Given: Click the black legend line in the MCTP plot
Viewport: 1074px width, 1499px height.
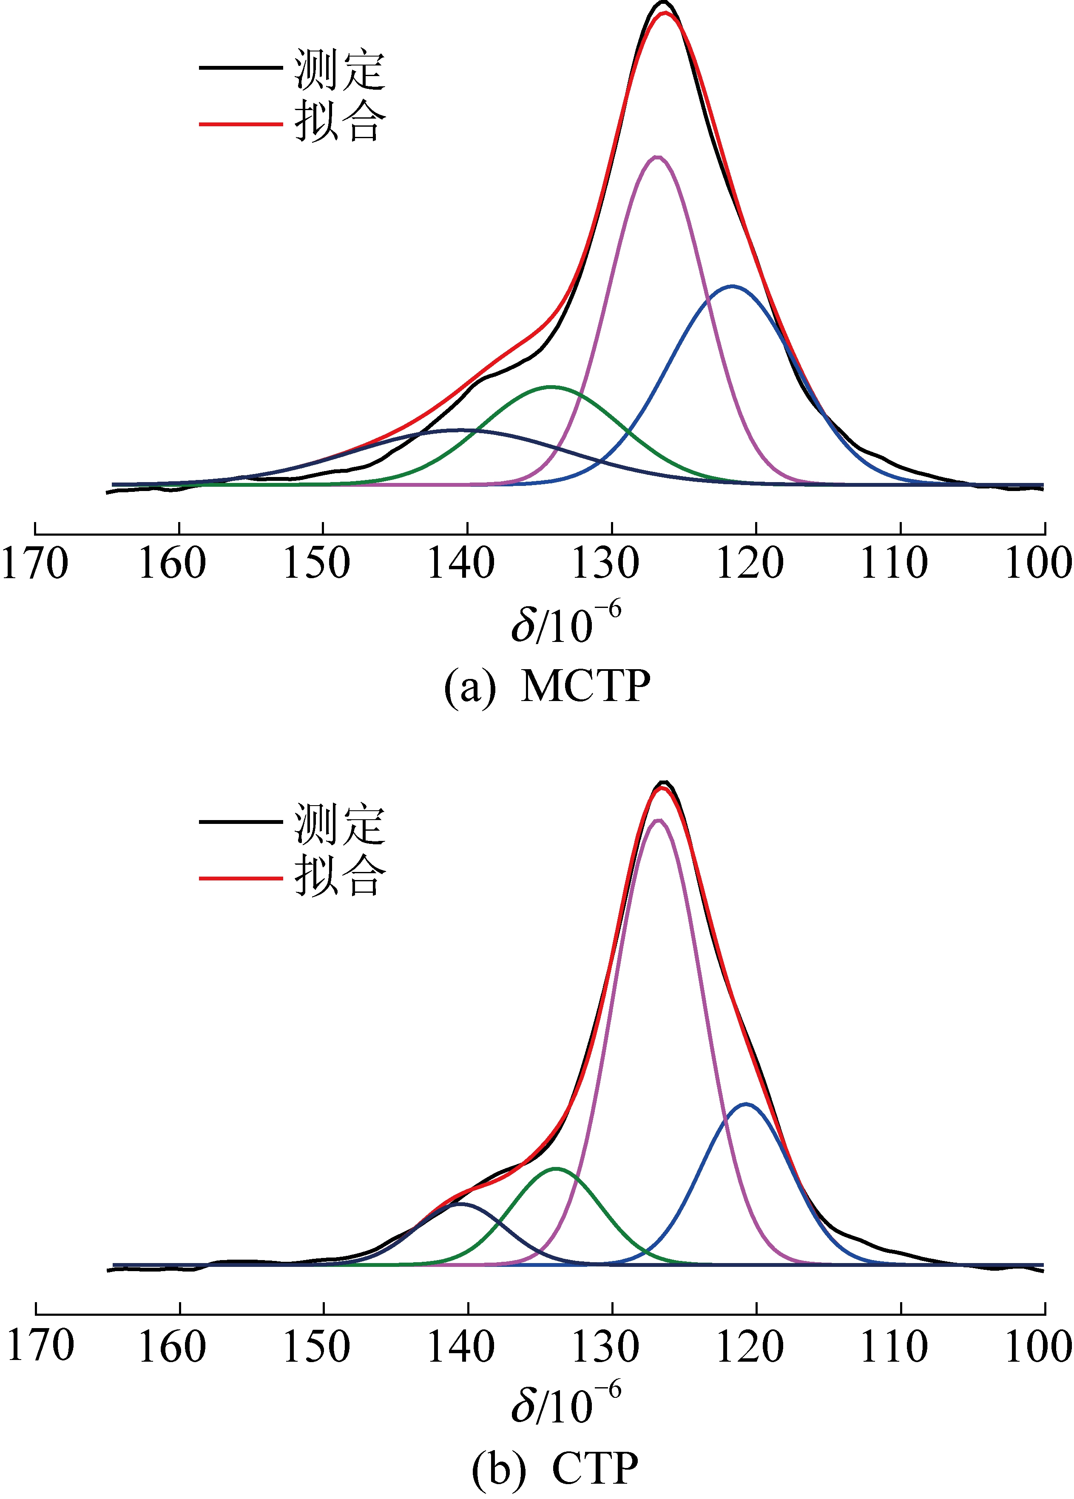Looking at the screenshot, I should [x=241, y=68].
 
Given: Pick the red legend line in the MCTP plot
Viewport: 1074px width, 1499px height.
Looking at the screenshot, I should [x=241, y=123].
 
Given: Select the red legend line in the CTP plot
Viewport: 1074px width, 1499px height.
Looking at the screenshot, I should [x=241, y=878].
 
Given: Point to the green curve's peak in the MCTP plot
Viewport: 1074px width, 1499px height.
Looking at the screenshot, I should [x=551, y=386].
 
